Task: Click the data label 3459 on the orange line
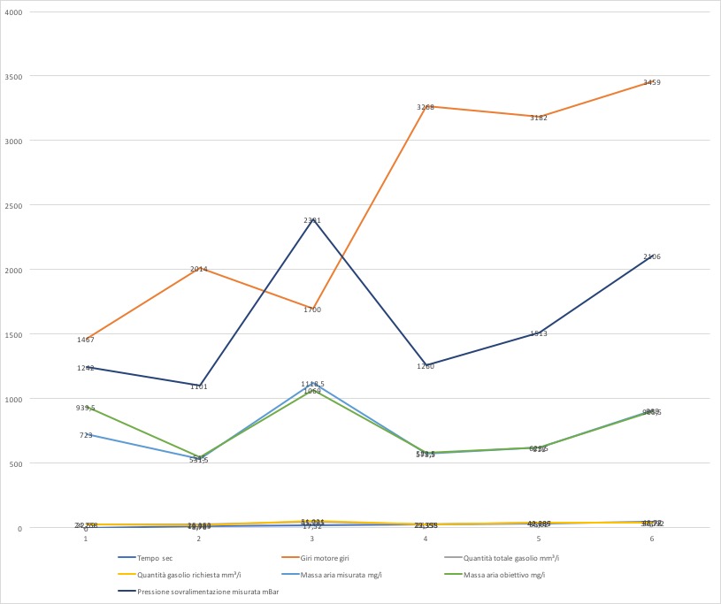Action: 652,82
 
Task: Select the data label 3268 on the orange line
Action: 426,107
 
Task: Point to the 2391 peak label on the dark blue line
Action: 312,220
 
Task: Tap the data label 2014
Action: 199,269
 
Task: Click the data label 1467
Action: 86,340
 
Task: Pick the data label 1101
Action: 199,386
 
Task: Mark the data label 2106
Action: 652,256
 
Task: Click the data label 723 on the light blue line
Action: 86,435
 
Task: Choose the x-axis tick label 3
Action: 312,539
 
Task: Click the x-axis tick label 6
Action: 652,539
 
